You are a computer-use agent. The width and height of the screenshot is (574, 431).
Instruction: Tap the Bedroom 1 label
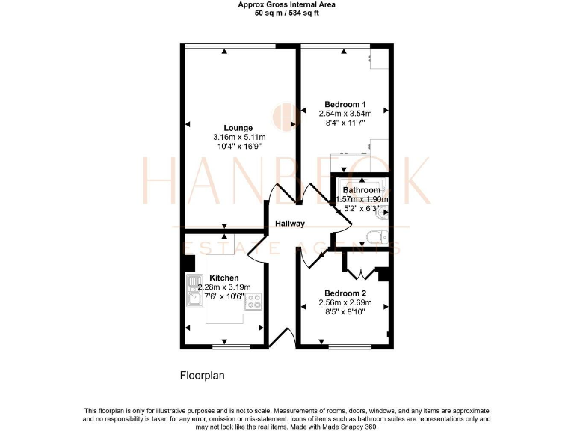tap(345, 104)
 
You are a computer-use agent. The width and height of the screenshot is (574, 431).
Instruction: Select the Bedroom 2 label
tap(345, 293)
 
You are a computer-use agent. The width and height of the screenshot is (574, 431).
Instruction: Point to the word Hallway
tap(289, 224)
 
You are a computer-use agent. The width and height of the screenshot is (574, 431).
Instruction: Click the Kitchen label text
tap(223, 278)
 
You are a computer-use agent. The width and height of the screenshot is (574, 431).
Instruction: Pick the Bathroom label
tap(361, 190)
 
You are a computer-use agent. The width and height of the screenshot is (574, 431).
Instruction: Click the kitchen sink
tap(194, 290)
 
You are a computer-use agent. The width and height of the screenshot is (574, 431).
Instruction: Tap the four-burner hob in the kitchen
tap(253, 302)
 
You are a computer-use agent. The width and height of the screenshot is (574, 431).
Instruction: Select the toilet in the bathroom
tap(376, 239)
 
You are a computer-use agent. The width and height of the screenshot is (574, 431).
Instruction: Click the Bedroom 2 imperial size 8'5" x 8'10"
tap(345, 313)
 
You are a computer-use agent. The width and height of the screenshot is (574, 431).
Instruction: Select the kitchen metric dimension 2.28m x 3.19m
tap(224, 287)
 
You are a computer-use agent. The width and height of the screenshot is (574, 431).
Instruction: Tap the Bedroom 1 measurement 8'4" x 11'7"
tap(345, 123)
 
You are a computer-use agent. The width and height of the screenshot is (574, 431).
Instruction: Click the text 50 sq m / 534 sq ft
tap(286, 13)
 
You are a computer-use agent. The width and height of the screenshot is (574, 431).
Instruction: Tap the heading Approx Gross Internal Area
tap(286, 4)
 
